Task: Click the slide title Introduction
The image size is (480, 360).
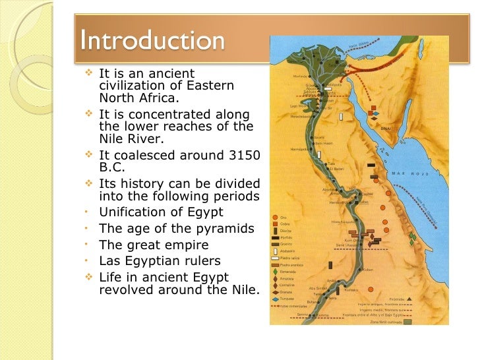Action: [151, 40]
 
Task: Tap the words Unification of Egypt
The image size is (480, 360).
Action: [161, 212]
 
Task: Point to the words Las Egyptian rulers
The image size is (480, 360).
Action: [160, 261]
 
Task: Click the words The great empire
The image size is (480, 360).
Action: [153, 245]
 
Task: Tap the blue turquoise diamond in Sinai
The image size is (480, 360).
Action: [377, 113]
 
